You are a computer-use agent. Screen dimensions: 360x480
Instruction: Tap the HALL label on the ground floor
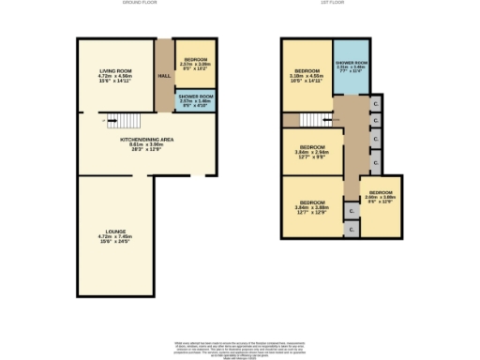163,75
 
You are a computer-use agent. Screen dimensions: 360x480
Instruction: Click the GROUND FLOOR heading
142,4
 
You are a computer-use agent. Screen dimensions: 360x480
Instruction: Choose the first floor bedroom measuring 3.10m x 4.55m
307,75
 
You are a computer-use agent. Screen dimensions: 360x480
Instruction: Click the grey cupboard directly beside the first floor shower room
375,103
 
